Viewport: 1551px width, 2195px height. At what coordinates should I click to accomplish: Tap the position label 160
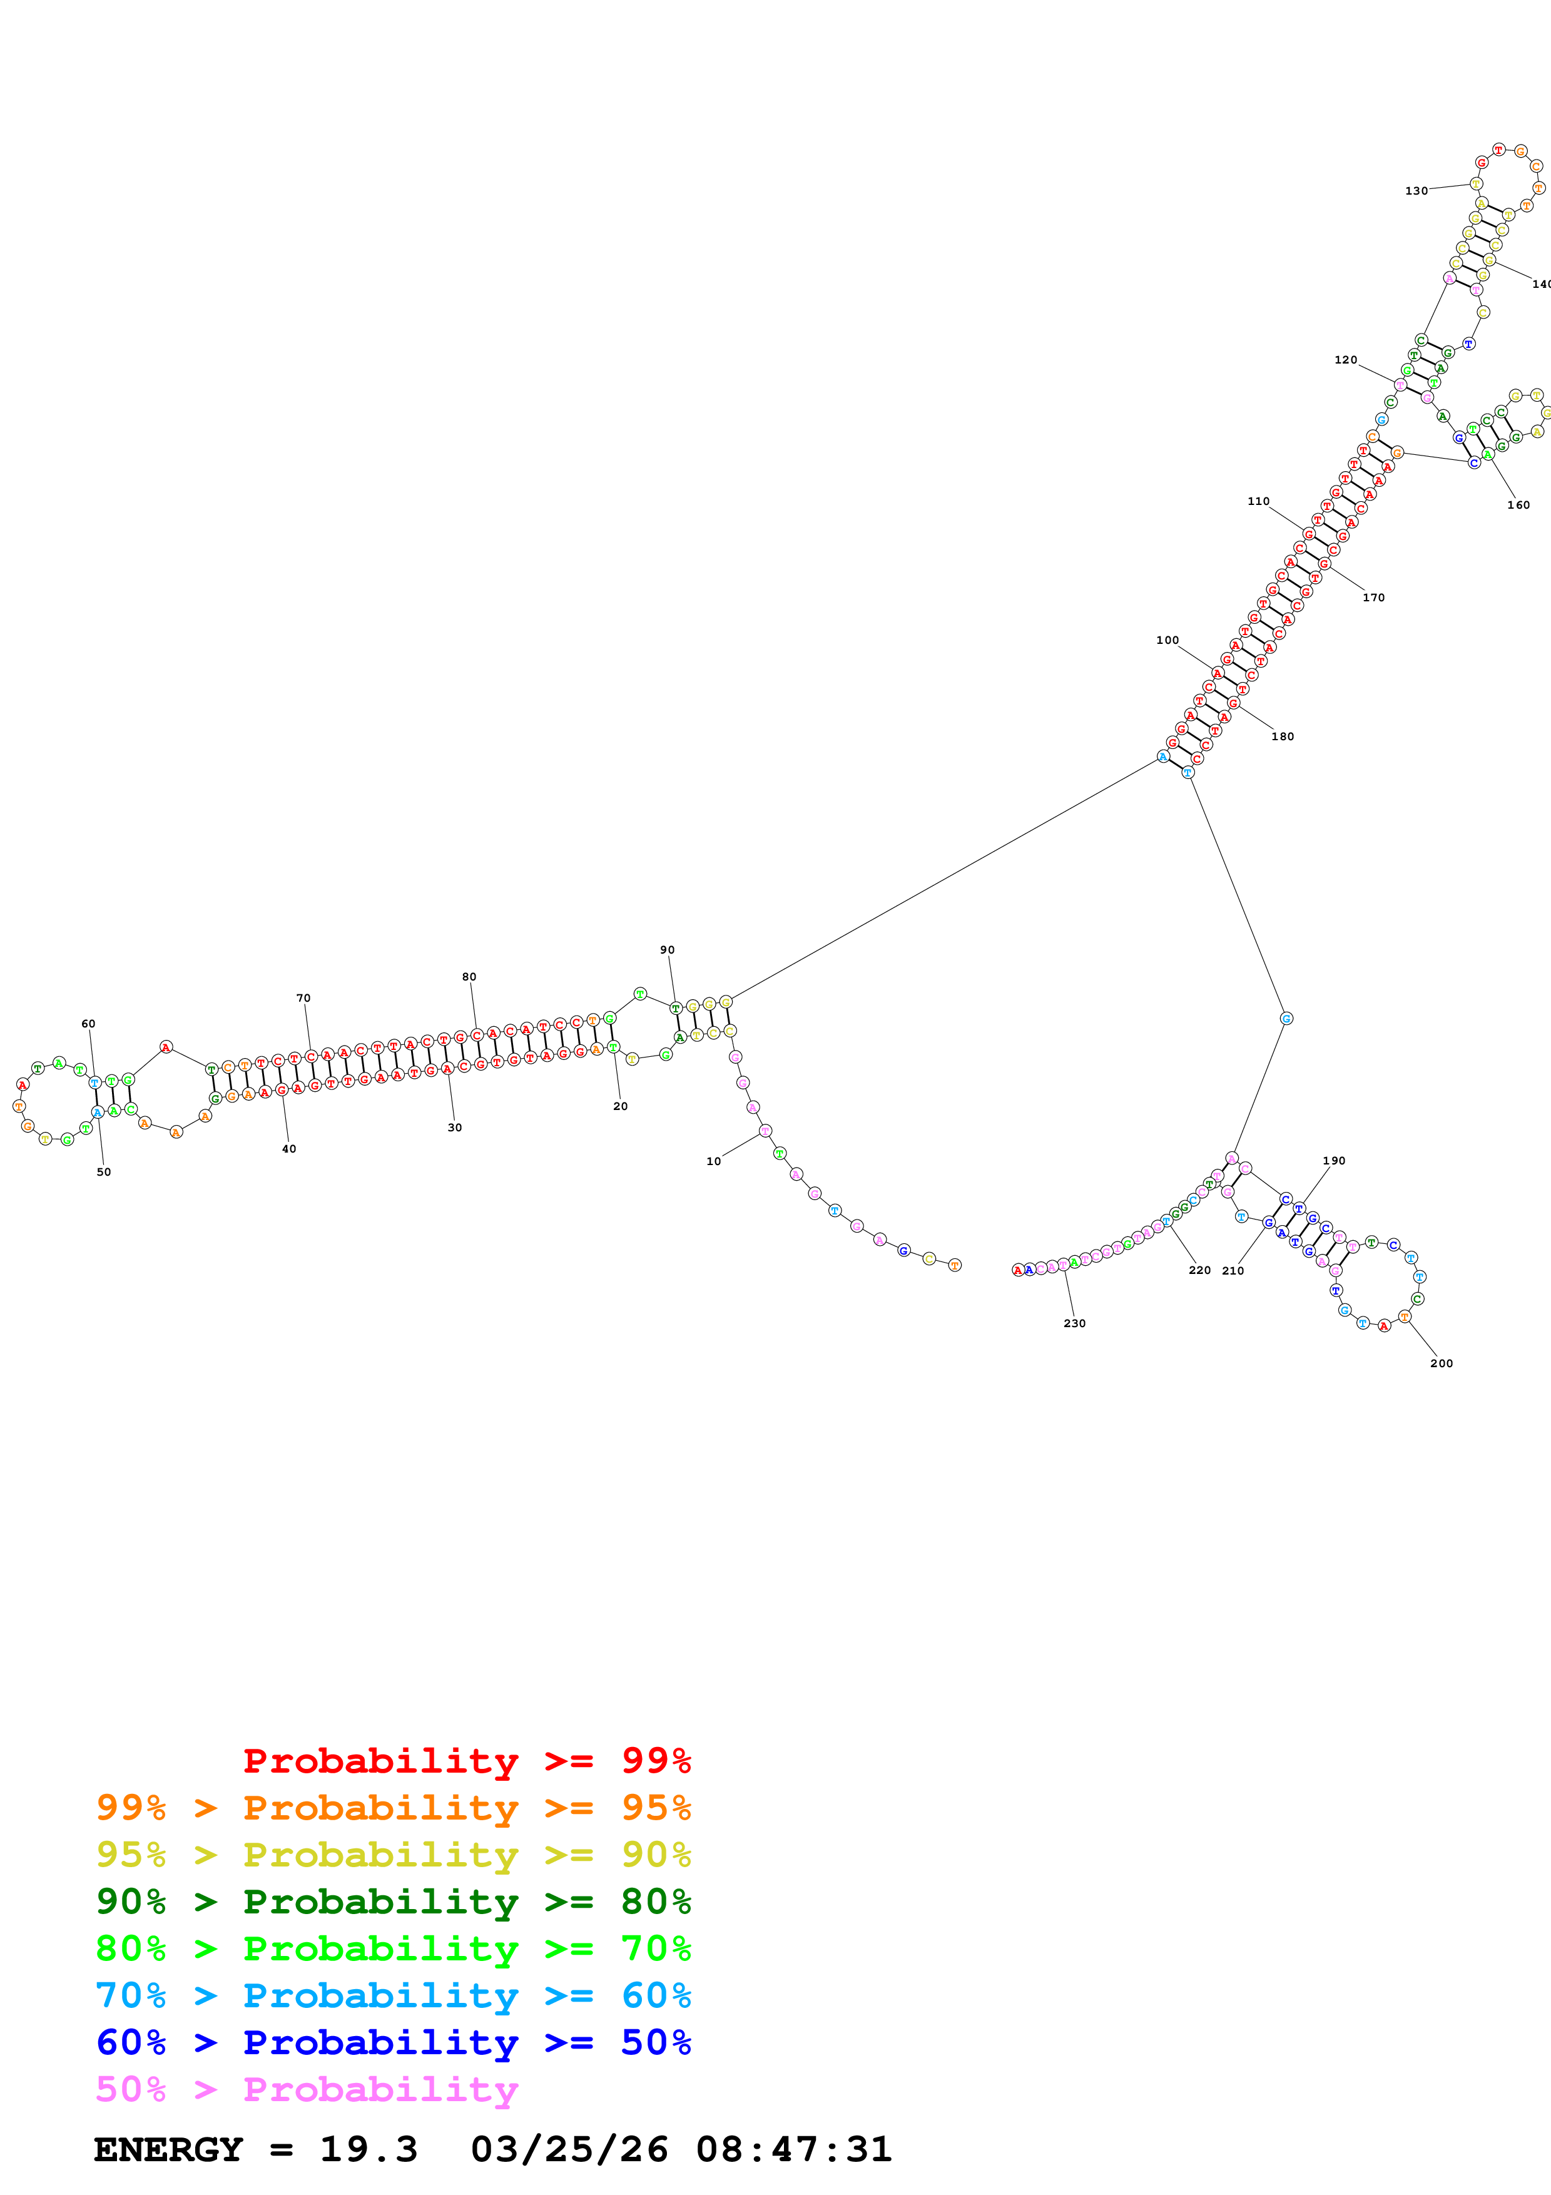coord(1518,505)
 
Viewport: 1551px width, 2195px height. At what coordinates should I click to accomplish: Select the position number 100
coord(1167,641)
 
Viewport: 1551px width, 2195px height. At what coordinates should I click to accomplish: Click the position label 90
coord(667,950)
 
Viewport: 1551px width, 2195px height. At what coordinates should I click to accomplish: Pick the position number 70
coord(303,998)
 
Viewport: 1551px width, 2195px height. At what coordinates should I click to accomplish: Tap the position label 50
coord(103,1172)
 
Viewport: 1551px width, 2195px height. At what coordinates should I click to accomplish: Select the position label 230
coord(1074,1323)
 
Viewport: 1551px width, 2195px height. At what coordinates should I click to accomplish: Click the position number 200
coord(1441,1363)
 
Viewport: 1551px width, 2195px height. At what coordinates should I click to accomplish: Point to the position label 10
coord(713,1161)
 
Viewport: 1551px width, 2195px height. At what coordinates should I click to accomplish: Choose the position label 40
coord(288,1149)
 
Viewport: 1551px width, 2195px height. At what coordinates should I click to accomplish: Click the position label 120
coord(1346,360)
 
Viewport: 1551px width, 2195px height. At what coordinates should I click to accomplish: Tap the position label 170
coord(1373,598)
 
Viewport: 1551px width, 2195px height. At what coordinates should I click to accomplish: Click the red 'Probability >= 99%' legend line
coord(466,1761)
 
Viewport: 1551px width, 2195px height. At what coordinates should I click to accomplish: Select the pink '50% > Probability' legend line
coord(307,2089)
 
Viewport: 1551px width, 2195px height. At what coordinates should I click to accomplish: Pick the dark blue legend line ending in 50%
coord(393,2042)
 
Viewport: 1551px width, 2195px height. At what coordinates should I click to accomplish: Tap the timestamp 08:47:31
coord(793,2149)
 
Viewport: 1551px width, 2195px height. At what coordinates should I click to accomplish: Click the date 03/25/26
coord(569,2149)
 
